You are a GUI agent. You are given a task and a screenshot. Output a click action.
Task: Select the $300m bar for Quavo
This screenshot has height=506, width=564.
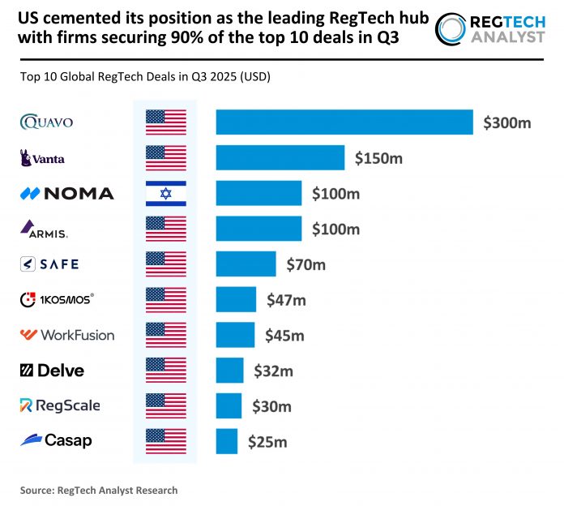coord(344,122)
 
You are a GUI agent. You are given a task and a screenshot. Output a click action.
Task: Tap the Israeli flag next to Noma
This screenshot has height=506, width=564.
coord(165,193)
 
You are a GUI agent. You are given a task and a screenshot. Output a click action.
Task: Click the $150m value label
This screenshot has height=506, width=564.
coord(378,158)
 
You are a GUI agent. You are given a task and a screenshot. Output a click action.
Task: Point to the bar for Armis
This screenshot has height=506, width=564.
coord(258,229)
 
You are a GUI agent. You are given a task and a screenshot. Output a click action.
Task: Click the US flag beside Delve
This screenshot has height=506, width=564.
coord(165,371)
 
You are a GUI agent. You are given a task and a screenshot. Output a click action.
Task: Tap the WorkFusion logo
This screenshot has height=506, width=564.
coord(67,335)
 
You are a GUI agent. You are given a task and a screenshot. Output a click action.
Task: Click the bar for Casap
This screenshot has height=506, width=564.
coord(226,441)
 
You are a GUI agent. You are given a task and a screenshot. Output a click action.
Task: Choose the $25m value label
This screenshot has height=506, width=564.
coord(267,442)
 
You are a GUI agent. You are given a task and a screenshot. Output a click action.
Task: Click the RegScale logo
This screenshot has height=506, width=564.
coord(60,405)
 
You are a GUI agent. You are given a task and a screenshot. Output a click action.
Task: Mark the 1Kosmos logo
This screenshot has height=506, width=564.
coord(56,299)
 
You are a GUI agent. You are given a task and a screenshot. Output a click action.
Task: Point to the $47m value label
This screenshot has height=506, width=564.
coord(286,300)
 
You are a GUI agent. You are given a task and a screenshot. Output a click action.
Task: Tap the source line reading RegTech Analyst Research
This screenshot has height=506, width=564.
coord(99,490)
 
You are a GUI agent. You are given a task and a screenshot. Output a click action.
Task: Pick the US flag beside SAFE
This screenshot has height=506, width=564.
coord(165,264)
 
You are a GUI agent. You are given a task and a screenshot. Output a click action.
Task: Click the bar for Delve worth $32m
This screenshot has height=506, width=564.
coord(229,371)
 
